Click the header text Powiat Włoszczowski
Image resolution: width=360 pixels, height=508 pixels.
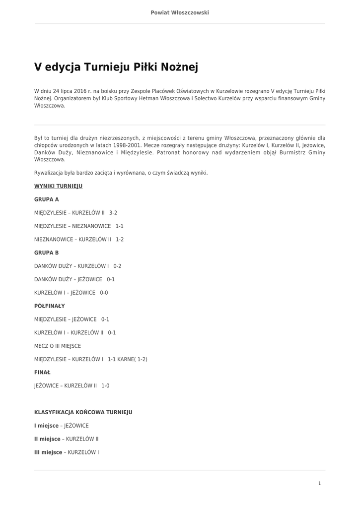(x=180, y=12)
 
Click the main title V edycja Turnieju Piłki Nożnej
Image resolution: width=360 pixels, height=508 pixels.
(x=116, y=67)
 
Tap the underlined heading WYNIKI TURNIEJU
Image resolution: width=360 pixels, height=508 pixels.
(x=58, y=186)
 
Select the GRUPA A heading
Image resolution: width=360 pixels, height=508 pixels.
(x=46, y=199)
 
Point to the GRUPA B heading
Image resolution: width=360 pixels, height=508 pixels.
(x=46, y=253)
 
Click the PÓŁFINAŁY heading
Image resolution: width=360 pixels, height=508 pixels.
(x=49, y=306)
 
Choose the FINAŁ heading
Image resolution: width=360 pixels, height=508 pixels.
(x=42, y=372)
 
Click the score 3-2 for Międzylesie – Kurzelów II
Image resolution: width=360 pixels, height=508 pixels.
(x=113, y=213)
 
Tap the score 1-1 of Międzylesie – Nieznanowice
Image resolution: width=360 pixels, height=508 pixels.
(x=120, y=226)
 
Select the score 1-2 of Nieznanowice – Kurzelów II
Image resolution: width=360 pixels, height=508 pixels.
(x=120, y=240)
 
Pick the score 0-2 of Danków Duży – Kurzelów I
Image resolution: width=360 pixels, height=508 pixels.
(x=117, y=266)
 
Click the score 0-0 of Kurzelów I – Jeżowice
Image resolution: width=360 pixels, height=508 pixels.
(x=104, y=293)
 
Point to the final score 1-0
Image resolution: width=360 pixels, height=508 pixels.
(x=105, y=385)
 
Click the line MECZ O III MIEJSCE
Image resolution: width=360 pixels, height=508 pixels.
(x=58, y=346)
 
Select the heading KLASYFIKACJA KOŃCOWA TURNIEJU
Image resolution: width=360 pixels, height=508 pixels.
(x=83, y=412)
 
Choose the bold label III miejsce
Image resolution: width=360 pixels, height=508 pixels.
(x=48, y=452)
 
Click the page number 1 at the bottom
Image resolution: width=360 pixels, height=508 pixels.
(x=319, y=483)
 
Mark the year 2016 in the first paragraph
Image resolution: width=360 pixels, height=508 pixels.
(x=80, y=91)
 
